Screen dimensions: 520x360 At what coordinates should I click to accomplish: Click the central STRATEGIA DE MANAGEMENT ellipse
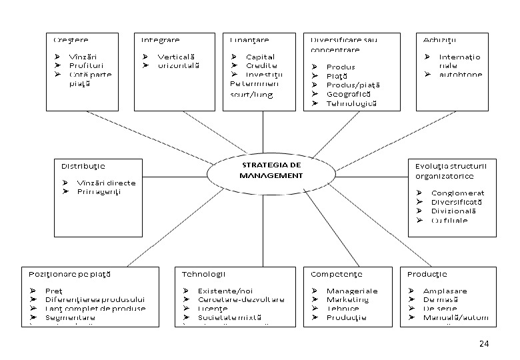(x=271, y=171)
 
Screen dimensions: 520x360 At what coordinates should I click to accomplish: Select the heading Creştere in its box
(x=71, y=40)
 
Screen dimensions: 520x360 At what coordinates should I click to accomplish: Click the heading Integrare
(x=160, y=40)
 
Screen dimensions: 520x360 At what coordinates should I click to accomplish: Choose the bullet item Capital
(x=260, y=57)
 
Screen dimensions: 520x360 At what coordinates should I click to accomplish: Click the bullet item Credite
(x=261, y=66)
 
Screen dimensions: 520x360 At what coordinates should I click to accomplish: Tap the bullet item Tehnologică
(x=352, y=103)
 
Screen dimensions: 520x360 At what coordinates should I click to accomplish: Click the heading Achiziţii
(x=438, y=40)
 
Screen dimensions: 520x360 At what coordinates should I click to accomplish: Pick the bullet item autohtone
(x=461, y=75)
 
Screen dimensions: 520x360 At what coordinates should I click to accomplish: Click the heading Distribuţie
(x=83, y=166)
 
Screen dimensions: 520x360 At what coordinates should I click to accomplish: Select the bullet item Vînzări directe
(x=106, y=183)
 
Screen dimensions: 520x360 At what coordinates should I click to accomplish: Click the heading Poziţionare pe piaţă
(x=69, y=274)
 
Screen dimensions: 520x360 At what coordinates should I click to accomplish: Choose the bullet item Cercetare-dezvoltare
(x=241, y=299)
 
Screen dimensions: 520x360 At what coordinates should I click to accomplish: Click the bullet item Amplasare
(x=445, y=291)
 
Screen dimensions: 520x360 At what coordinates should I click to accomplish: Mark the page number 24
(x=484, y=343)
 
